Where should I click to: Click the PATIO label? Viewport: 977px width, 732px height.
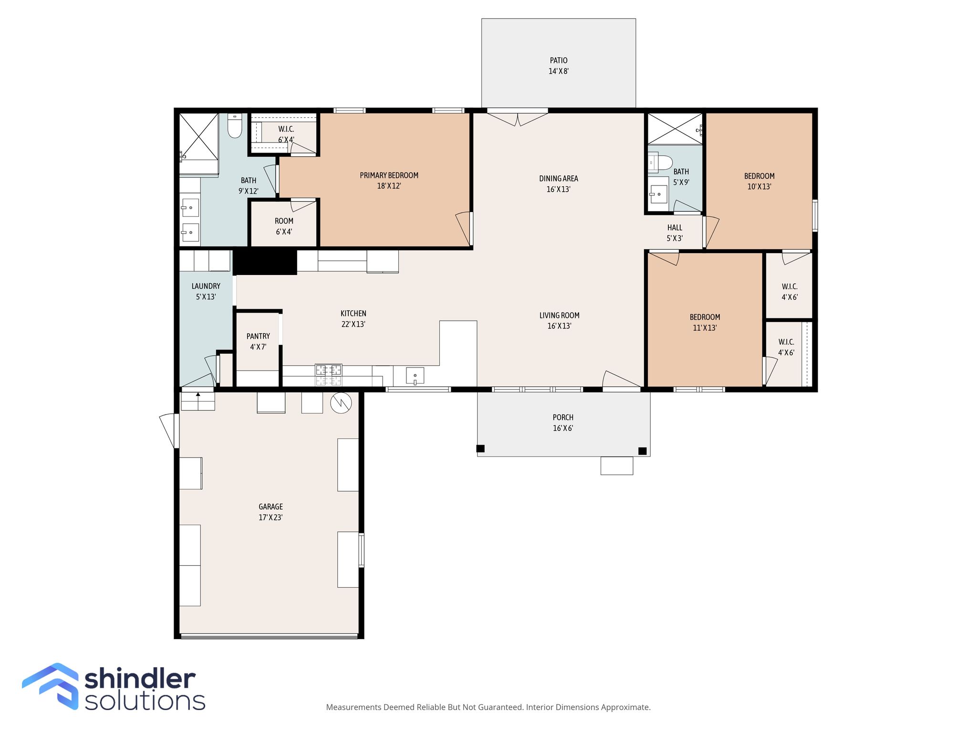pyautogui.click(x=558, y=61)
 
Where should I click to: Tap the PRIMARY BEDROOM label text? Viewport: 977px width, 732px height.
pyautogui.click(x=389, y=175)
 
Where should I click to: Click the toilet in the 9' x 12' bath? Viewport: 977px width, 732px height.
pyautogui.click(x=235, y=125)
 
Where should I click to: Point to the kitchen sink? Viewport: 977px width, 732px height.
pyautogui.click(x=415, y=376)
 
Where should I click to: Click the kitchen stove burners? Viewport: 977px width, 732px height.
pyautogui.click(x=328, y=375)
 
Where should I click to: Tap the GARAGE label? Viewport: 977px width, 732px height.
pyautogui.click(x=270, y=507)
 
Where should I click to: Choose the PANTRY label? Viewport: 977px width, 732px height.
pyautogui.click(x=258, y=336)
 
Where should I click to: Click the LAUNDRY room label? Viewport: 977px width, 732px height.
pyautogui.click(x=206, y=286)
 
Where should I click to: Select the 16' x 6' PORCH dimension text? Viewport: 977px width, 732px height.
pyautogui.click(x=563, y=428)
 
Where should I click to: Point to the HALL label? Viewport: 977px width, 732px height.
pyautogui.click(x=675, y=227)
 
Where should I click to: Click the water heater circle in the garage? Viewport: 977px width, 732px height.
pyautogui.click(x=341, y=403)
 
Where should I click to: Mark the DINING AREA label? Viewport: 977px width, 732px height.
pyautogui.click(x=558, y=179)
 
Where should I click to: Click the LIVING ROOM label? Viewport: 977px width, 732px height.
pyautogui.click(x=559, y=315)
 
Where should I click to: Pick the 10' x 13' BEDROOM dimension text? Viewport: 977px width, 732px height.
pyautogui.click(x=759, y=187)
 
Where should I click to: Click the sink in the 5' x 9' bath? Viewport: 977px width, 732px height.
pyautogui.click(x=659, y=193)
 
